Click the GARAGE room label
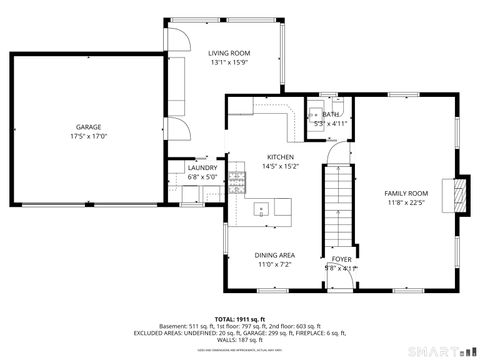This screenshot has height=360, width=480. pos(88,127)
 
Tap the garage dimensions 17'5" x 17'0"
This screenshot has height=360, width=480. pos(88,137)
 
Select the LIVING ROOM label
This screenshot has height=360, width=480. pos(229,53)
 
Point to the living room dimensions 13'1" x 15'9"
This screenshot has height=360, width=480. pos(229,63)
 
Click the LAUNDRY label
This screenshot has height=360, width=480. pos(201,167)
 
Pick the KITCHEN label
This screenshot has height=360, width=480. pos(279,156)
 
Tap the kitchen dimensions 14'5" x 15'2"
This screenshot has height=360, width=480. pos(279,166)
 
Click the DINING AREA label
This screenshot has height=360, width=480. pos(273,255)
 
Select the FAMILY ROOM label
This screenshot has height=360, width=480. pos(406,193)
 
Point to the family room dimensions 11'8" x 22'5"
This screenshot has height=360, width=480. pos(406,203)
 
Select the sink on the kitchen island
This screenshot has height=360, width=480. pos(261,210)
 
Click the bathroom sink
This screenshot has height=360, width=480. pos(313,113)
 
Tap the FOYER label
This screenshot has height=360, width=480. pos(341,259)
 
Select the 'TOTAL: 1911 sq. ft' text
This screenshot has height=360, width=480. pos(240,317)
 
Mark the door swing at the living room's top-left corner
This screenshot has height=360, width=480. pos(177,38)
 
